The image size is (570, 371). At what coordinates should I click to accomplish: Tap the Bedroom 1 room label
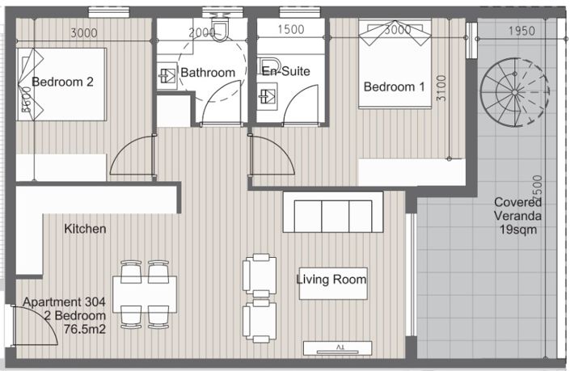click(394, 86)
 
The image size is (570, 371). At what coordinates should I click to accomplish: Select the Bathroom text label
click(208, 72)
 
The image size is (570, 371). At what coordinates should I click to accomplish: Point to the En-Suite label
click(285, 71)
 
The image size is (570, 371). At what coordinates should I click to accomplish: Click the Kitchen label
click(85, 229)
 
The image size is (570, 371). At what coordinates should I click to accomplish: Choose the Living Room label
click(331, 280)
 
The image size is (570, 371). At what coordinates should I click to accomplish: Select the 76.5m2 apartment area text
click(85, 329)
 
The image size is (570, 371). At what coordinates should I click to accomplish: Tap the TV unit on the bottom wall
click(337, 348)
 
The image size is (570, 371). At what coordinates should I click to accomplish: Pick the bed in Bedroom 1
click(398, 65)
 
